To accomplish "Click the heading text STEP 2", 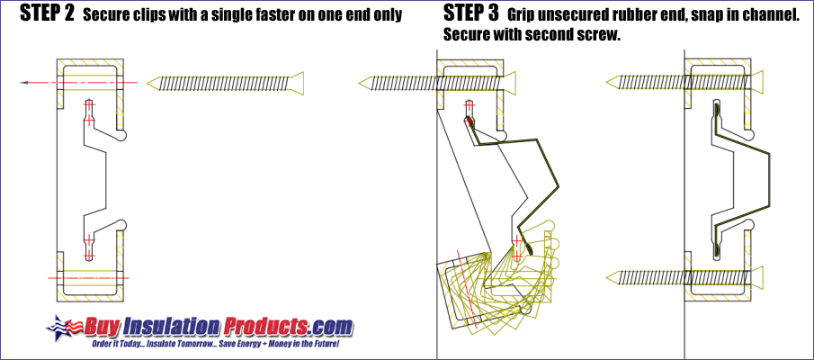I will point(43,15).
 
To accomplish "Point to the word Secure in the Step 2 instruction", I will point(106,16).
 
